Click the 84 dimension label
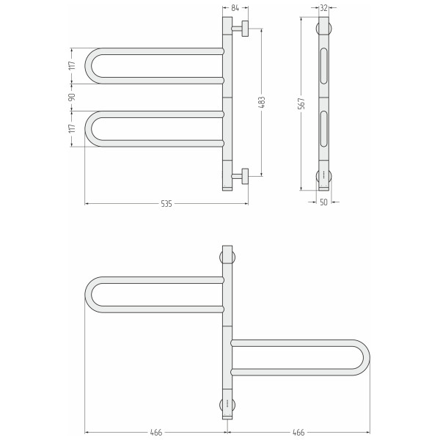235,8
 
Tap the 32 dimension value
324,8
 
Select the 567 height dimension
301,103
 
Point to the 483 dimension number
262,103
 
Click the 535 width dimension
166,204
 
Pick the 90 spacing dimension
72,97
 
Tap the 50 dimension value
323,202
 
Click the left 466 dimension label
156,433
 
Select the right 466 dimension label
298,433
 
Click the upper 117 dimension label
72,65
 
